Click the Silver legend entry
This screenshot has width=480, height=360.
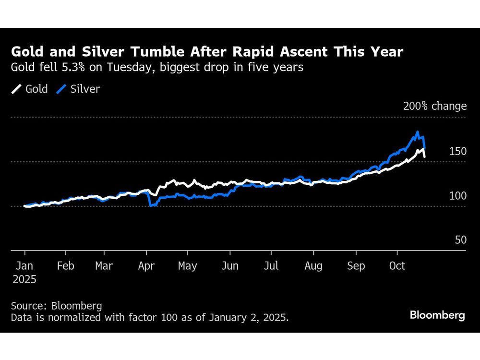[x=79, y=89]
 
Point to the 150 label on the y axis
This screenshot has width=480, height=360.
[x=457, y=151]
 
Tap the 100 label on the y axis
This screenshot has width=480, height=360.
[x=457, y=196]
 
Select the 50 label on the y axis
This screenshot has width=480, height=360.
[x=460, y=240]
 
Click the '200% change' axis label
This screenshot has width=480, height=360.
[x=434, y=106]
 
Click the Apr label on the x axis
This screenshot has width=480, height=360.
[x=146, y=265]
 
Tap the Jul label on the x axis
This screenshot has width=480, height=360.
[x=271, y=265]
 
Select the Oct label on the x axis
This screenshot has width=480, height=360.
[x=397, y=265]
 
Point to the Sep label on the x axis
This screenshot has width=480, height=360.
[x=356, y=265]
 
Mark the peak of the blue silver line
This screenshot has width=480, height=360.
[x=418, y=132]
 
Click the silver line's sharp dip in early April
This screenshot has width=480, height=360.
[x=151, y=205]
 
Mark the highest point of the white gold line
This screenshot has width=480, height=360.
[x=423, y=149]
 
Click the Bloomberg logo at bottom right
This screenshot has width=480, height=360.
[x=437, y=315]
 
